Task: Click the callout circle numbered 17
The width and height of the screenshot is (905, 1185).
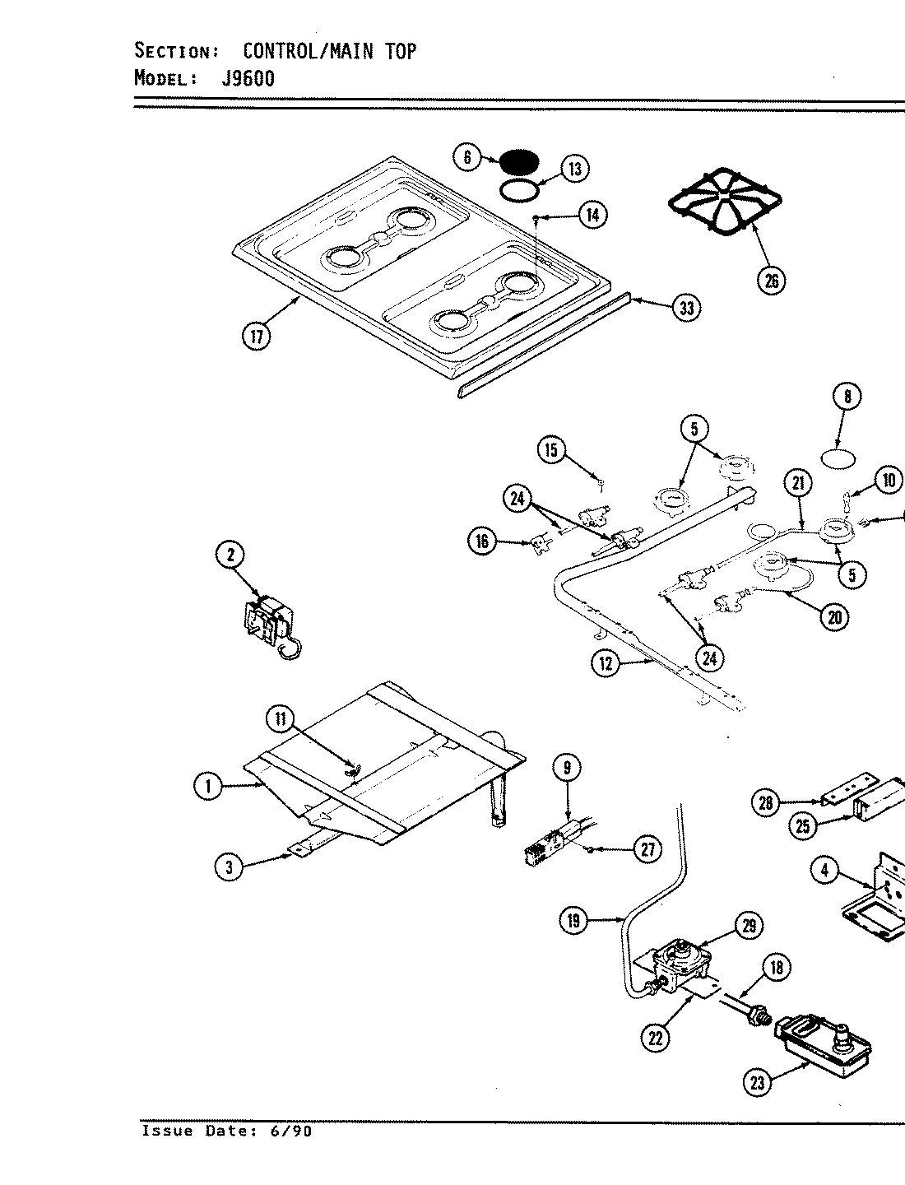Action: [256, 337]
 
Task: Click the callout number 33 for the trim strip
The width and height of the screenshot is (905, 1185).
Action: [685, 309]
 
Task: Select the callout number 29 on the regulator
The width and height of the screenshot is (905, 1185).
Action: [748, 926]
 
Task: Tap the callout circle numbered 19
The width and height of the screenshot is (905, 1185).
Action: [573, 921]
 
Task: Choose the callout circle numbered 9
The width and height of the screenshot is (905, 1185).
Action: [566, 769]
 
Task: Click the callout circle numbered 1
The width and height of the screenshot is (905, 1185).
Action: [209, 787]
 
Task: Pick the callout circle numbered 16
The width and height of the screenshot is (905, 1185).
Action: [482, 541]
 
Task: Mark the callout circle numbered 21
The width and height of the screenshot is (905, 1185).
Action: [797, 485]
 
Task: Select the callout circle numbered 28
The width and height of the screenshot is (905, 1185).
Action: [766, 802]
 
